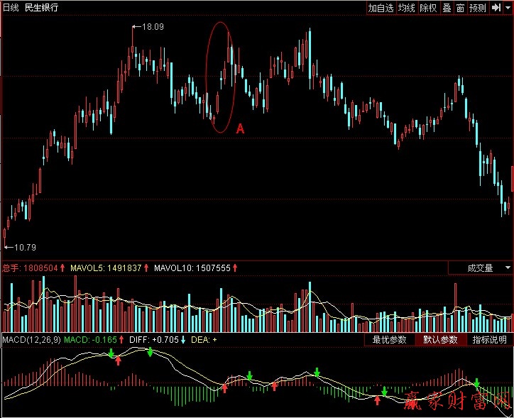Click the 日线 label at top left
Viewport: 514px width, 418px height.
point(11,8)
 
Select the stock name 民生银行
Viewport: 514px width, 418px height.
point(42,8)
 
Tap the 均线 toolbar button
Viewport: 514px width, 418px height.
point(406,8)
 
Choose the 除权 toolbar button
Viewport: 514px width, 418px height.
point(428,8)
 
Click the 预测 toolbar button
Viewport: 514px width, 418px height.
point(478,8)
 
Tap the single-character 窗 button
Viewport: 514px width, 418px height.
point(460,8)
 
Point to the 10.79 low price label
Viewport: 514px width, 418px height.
point(25,247)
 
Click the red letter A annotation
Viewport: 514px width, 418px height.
point(240,128)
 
